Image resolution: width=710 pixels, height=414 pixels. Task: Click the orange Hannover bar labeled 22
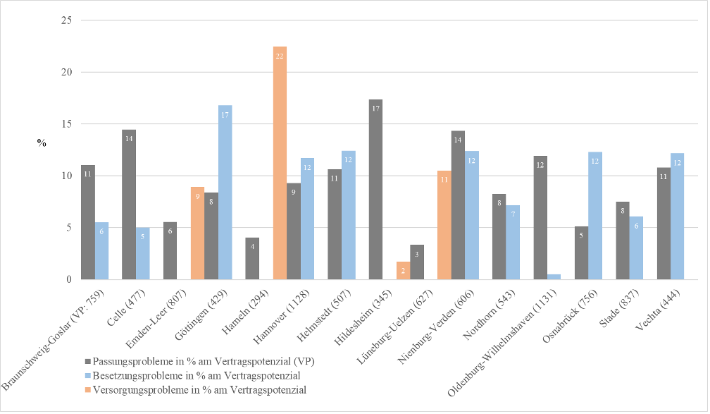tap(280, 162)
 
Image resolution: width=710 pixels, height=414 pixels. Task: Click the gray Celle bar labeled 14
tap(129, 205)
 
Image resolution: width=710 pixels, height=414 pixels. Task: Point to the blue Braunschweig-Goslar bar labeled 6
tap(101, 250)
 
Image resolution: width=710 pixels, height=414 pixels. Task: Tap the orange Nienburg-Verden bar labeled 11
tap(444, 225)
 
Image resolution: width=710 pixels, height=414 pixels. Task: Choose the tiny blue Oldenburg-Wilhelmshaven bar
tap(554, 277)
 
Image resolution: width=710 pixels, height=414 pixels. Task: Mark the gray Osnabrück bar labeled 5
tap(581, 252)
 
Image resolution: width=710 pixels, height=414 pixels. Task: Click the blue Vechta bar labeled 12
tap(677, 216)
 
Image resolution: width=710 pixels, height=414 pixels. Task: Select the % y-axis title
tap(42, 143)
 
